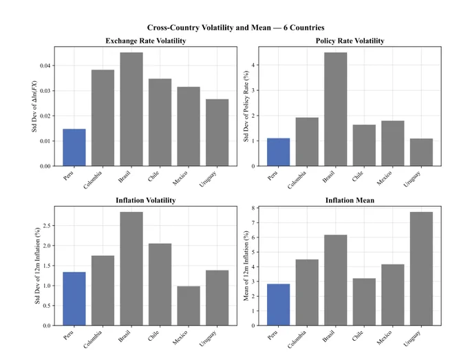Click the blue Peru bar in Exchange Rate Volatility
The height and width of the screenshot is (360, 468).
[74, 147]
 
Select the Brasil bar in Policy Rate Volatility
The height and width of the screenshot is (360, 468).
[336, 109]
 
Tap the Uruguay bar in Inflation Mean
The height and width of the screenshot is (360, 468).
[421, 268]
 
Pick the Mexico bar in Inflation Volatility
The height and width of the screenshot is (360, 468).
[189, 306]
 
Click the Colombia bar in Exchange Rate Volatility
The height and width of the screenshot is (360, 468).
[103, 118]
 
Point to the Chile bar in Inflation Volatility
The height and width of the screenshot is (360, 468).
[160, 284]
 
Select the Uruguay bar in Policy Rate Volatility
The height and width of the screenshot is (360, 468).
[421, 152]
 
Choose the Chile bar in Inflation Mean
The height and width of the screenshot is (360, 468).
[364, 301]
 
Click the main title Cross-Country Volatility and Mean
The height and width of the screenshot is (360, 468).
[236, 28]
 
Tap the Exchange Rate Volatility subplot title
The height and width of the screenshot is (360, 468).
[146, 41]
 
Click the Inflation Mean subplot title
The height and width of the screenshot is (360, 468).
[350, 200]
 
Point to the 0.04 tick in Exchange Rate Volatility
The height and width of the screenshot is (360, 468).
[45, 65]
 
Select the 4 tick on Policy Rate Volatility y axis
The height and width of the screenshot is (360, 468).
[253, 65]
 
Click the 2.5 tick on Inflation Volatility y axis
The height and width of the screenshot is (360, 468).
[47, 226]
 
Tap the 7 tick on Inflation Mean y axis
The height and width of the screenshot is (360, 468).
[253, 223]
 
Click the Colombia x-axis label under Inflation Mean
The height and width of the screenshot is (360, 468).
[297, 339]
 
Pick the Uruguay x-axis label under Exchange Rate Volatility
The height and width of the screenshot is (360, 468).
[208, 179]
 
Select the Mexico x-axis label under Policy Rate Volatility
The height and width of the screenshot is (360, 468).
[384, 178]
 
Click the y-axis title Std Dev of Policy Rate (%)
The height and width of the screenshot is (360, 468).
[246, 106]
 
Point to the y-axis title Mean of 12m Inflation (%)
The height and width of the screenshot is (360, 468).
[246, 266]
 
